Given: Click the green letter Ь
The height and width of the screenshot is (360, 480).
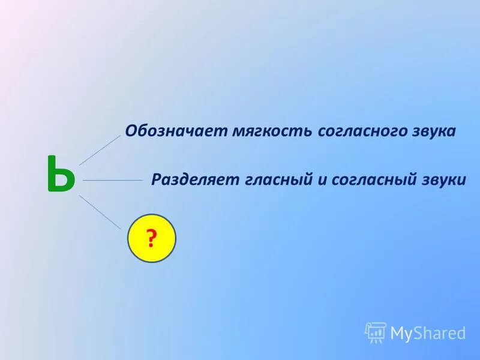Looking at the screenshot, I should (x=61, y=175).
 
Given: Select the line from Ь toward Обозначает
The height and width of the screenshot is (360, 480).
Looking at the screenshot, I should (x=100, y=149).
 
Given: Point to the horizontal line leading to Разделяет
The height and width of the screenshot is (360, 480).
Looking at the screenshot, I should (x=112, y=179).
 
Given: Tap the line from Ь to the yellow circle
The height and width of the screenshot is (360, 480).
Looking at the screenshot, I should (x=100, y=212).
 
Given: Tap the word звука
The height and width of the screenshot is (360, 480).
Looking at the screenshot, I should (x=434, y=131).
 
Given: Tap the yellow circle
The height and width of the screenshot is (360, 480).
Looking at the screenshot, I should (x=152, y=238).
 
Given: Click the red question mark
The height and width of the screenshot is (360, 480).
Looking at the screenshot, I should (x=152, y=239).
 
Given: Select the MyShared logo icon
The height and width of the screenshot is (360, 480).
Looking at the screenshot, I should (x=375, y=332).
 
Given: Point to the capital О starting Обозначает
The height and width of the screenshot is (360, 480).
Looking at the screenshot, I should (x=130, y=131).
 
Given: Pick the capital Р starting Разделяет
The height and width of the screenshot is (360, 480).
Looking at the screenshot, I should (x=156, y=179).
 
